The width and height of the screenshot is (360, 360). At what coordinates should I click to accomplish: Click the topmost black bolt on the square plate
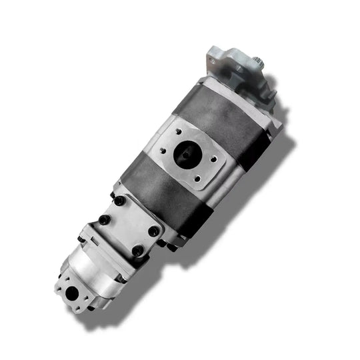(120, 201)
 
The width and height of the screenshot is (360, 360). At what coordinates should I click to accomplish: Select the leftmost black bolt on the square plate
(104, 221)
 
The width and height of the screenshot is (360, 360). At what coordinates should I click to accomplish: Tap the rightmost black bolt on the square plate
(154, 231)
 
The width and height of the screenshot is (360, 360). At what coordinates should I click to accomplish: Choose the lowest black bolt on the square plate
(137, 251)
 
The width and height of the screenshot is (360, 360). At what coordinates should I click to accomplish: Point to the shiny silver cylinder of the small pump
(100, 267)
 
